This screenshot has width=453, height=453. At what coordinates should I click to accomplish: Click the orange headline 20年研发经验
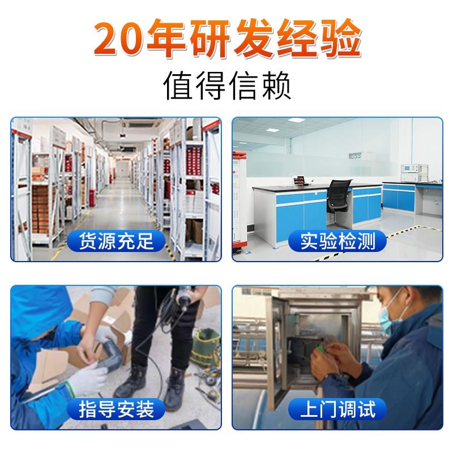point(228,38)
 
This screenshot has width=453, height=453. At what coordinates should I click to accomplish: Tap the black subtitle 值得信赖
point(227,86)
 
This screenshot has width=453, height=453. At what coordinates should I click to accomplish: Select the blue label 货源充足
point(116,241)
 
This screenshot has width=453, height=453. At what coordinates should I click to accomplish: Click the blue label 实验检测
point(337,241)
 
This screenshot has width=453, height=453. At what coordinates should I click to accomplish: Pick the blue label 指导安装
point(116,409)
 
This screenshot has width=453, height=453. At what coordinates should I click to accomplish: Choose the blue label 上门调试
point(337,409)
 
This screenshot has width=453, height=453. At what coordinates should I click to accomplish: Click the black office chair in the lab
point(339,199)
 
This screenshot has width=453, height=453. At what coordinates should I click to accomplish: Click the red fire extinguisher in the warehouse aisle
point(92,198)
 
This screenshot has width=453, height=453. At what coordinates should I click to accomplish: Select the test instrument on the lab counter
point(414,173)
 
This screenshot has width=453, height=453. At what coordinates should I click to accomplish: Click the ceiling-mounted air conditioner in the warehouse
point(144,125)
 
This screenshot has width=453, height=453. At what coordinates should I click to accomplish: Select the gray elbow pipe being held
point(111,354)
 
